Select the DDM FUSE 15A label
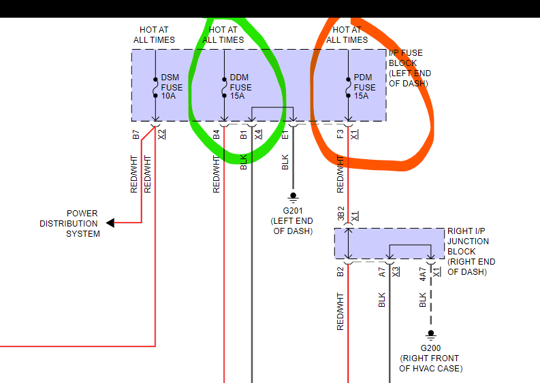[x=240, y=87]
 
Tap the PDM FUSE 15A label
[x=364, y=87]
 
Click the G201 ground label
[x=293, y=221]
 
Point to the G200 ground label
[x=430, y=358]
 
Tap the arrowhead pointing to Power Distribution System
[x=110, y=222]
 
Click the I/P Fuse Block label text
[x=410, y=68]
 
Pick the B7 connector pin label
[x=135, y=134]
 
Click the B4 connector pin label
[x=217, y=134]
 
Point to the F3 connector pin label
[x=340, y=134]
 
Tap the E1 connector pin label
[x=285, y=134]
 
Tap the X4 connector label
[x=257, y=134]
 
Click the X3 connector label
[x=395, y=272]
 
